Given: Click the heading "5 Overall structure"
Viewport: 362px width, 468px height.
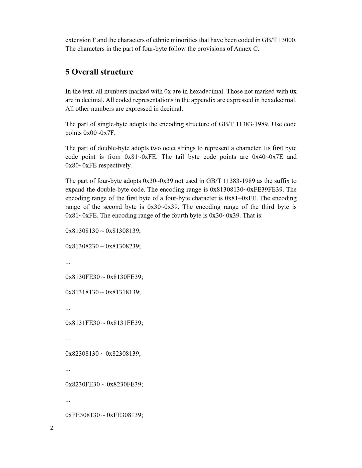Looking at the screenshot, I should tap(99, 72).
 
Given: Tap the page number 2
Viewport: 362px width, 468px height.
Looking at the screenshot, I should tap(52, 428).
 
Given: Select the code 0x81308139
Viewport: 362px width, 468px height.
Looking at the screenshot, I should tap(123, 231).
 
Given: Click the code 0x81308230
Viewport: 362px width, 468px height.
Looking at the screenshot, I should tap(82, 246).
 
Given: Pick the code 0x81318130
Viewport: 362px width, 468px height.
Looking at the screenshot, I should tap(82, 292).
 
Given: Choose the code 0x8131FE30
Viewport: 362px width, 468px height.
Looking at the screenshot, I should tap(82, 323).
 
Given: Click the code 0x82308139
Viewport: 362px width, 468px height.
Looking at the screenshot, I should tap(123, 354).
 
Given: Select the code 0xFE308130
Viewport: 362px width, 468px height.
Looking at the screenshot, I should tap(82, 415).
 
